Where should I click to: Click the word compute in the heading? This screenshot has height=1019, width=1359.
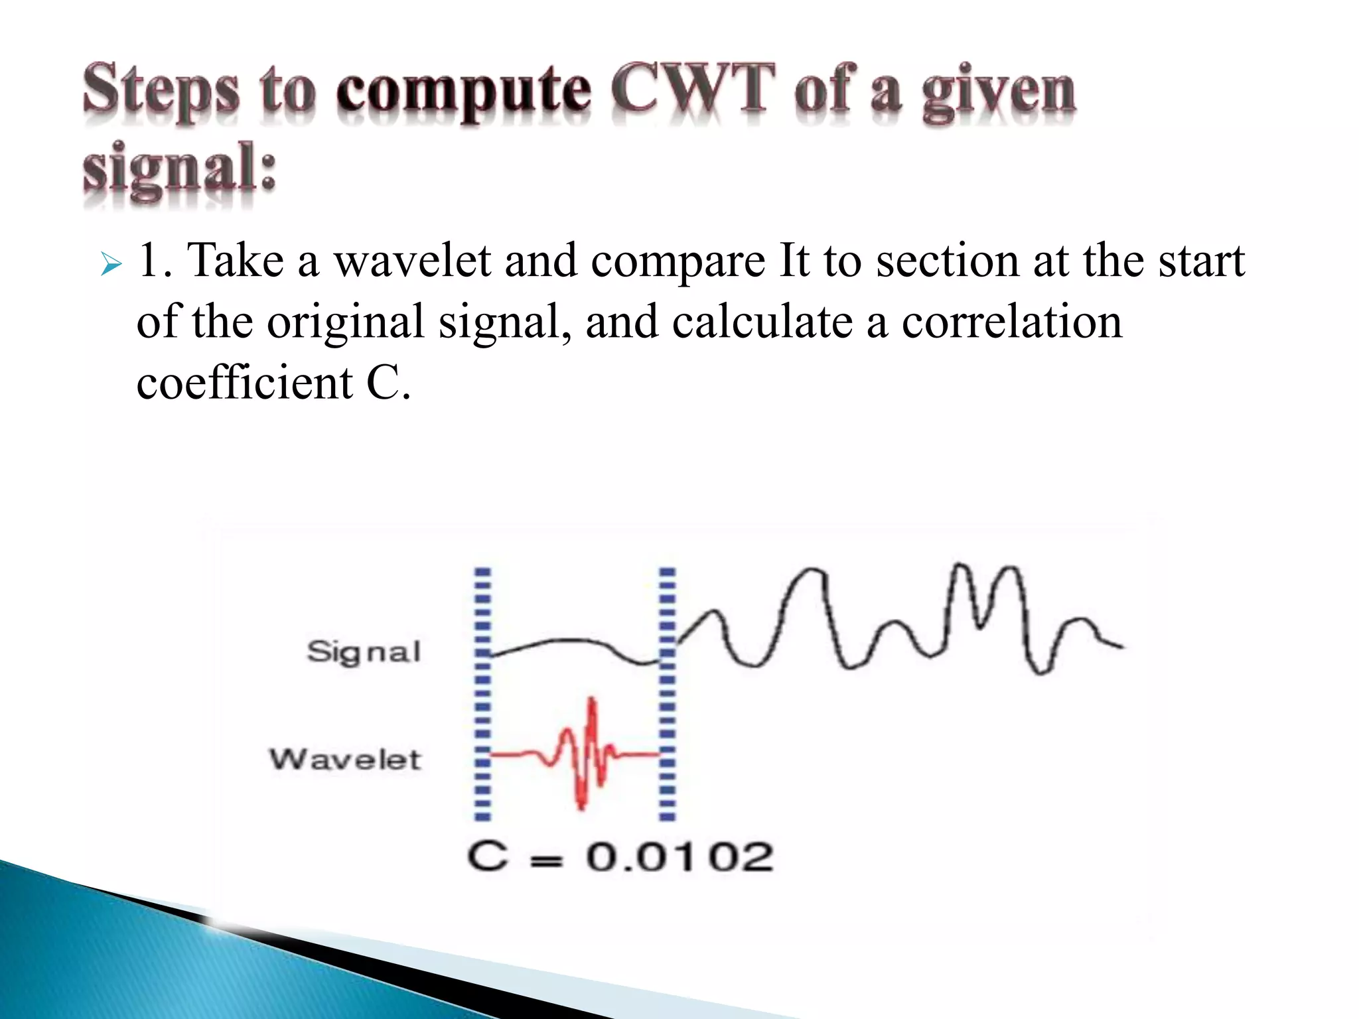(x=463, y=92)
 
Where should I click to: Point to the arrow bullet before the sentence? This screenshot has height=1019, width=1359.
(x=111, y=266)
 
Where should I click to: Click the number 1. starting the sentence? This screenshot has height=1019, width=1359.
(x=156, y=260)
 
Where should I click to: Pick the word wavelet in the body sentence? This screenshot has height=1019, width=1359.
(x=411, y=260)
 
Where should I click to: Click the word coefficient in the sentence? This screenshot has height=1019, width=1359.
(x=244, y=383)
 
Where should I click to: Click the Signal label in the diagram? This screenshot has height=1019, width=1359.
(x=364, y=651)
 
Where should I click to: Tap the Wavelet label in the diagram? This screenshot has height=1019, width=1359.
(x=345, y=759)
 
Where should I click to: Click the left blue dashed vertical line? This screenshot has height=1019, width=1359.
(x=483, y=693)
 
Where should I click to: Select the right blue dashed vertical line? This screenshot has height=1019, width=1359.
(x=667, y=693)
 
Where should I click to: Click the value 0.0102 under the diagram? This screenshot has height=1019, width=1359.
(x=679, y=856)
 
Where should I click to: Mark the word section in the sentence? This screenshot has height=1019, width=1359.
(x=948, y=260)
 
